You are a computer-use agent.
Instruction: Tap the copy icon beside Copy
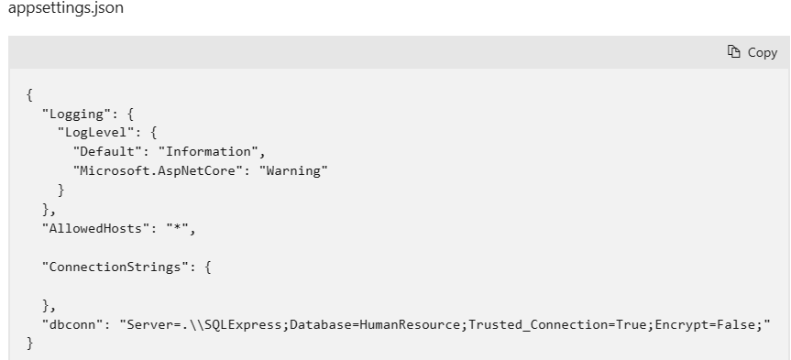pos(733,52)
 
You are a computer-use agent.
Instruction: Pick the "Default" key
pos(104,152)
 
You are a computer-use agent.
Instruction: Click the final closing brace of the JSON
pos(30,344)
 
